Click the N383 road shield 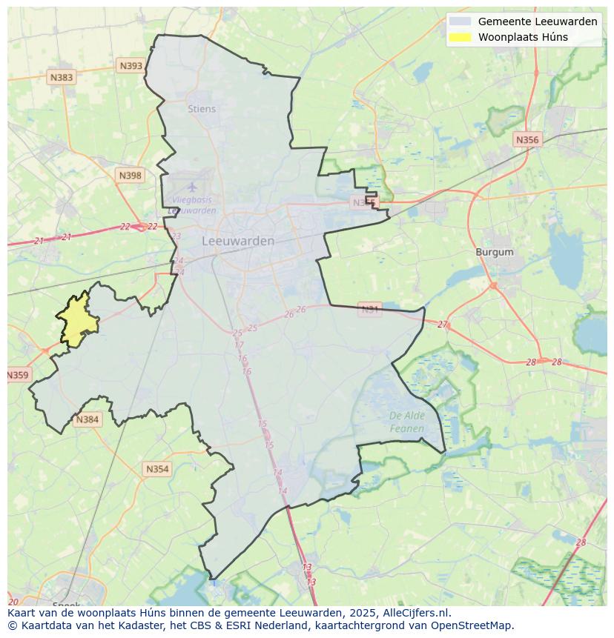pyautogui.click(x=61, y=77)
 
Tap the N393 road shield pyautogui.click(x=131, y=66)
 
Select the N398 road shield pyautogui.click(x=130, y=176)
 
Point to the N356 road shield pyautogui.click(x=527, y=139)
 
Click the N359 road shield pyautogui.click(x=17, y=375)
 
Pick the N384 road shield pyautogui.click(x=87, y=419)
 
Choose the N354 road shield pyautogui.click(x=156, y=469)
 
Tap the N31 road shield pyautogui.click(x=369, y=309)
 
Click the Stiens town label pyautogui.click(x=202, y=109)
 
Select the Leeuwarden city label pyautogui.click(x=238, y=241)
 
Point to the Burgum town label pyautogui.click(x=495, y=252)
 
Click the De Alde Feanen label pyautogui.click(x=407, y=422)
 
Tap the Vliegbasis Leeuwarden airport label pyautogui.click(x=192, y=205)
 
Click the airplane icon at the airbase pyautogui.click(x=192, y=187)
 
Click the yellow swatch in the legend pyautogui.click(x=460, y=37)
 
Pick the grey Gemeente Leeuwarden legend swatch pyautogui.click(x=460, y=21)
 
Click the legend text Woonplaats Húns pyautogui.click(x=523, y=37)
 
